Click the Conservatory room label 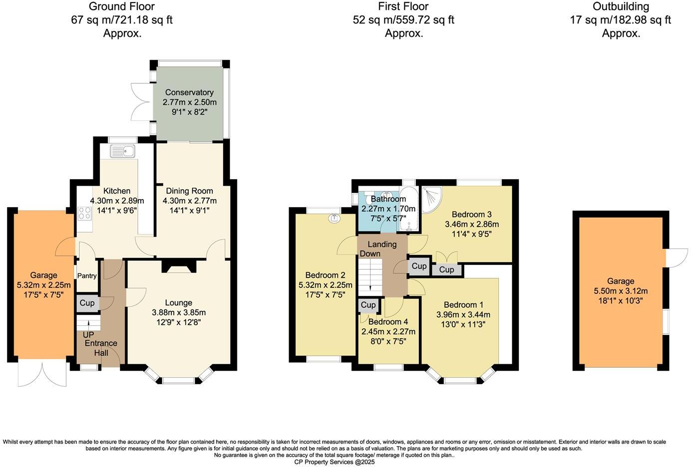(189, 92)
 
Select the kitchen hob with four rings (84, 213)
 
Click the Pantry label (86, 276)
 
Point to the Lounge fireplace (177, 268)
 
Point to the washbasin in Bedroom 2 (334, 218)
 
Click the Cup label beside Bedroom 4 (368, 305)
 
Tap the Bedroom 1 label (463, 305)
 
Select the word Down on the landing (370, 253)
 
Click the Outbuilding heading (621, 6)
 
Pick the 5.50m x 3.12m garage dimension (620, 291)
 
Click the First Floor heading (403, 6)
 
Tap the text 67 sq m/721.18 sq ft (122, 20)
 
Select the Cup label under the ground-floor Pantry (87, 303)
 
